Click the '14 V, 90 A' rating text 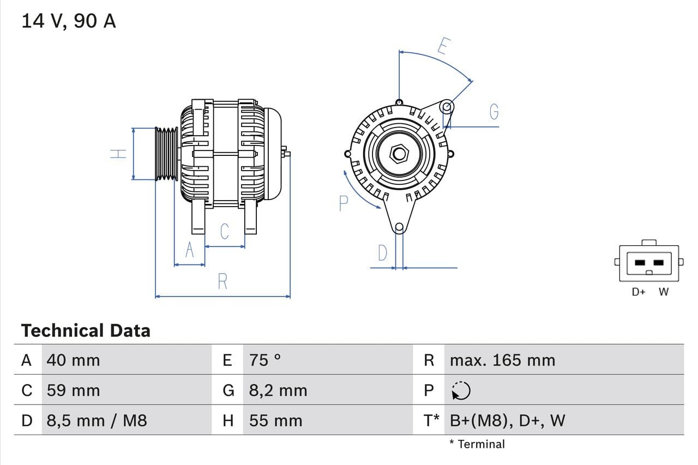[x=68, y=21]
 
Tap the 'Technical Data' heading [x=86, y=330]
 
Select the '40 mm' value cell [x=73, y=360]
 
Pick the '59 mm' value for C [x=73, y=390]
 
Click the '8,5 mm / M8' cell [x=97, y=420]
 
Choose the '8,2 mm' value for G [x=278, y=390]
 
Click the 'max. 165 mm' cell [x=502, y=360]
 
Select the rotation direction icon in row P [x=461, y=390]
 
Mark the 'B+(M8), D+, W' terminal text [x=507, y=420]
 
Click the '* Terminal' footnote [x=477, y=444]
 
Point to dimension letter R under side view [x=222, y=282]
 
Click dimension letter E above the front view [x=443, y=47]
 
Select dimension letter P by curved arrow [x=342, y=203]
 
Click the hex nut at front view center [x=399, y=154]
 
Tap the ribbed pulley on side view [x=166, y=154]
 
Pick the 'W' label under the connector [x=663, y=292]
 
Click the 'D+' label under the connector [x=639, y=292]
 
